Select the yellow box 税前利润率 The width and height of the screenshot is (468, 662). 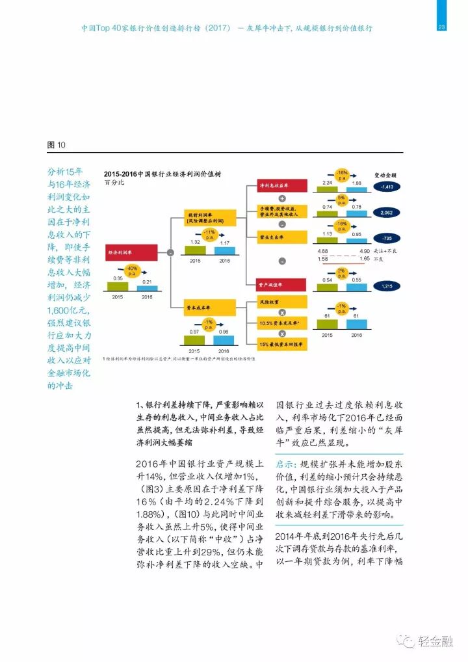[207, 218]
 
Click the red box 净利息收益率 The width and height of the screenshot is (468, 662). [283, 185]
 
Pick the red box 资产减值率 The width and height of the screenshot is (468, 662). [283, 285]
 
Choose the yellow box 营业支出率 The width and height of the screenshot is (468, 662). [283, 238]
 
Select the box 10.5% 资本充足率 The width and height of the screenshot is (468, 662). [283, 323]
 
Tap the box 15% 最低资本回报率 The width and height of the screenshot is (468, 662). [283, 343]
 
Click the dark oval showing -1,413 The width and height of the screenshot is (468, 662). [388, 187]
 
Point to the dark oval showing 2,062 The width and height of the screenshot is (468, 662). [388, 213]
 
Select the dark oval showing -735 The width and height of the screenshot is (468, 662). [388, 238]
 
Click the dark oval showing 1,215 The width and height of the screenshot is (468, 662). [388, 286]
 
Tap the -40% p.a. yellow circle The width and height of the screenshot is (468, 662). [131, 270]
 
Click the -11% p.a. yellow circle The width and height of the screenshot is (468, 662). [209, 233]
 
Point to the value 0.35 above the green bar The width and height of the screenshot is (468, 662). [118, 278]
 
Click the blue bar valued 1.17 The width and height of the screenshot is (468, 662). [224, 250]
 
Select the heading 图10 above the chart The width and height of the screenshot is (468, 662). [57, 144]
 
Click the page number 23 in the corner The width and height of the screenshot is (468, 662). [441, 27]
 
